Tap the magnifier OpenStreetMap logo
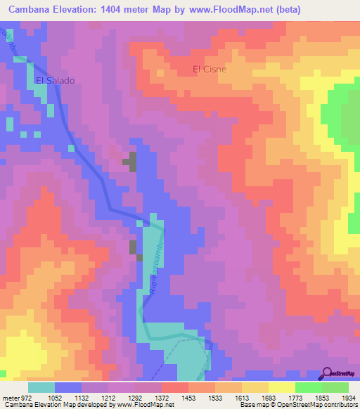[x=328, y=372]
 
